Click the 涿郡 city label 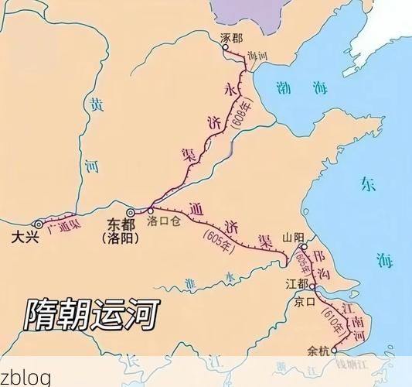(231, 36)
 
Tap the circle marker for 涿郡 (226, 47)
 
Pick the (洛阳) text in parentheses (121, 238)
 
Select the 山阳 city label (293, 238)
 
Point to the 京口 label (305, 302)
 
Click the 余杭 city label (318, 350)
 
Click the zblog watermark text (26, 377)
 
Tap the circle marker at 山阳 (304, 248)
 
